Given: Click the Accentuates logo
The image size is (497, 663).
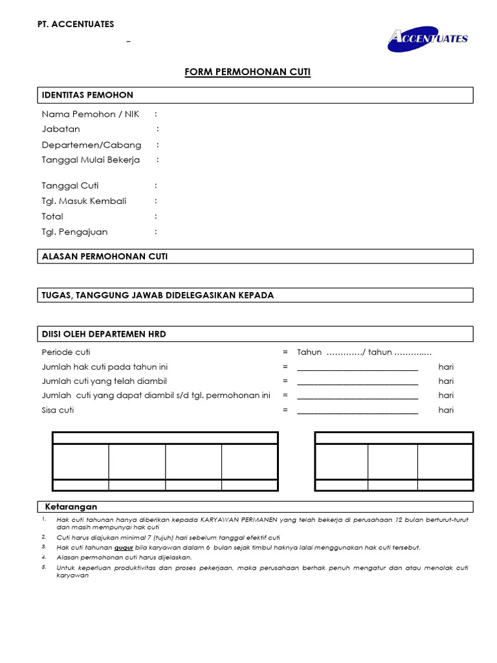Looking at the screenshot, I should click(428, 38).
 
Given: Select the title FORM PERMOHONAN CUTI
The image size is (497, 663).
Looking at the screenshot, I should click(248, 72).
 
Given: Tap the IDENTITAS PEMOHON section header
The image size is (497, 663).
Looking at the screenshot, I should click(87, 95).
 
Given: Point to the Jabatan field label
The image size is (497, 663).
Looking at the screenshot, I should click(61, 129).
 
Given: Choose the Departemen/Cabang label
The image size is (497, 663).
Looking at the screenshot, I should click(91, 144).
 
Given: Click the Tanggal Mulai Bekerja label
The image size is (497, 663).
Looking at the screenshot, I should click(91, 159).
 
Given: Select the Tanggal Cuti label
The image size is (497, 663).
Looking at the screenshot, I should click(70, 186).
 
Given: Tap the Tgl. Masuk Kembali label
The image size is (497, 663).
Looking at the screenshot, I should click(84, 201).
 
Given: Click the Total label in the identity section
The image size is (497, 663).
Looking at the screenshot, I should click(52, 216).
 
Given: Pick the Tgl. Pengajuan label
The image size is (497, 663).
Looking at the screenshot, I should click(74, 232).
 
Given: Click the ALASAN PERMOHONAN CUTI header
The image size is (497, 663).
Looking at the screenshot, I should click(104, 256).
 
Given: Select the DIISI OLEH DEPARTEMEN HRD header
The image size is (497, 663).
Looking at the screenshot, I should click(104, 334).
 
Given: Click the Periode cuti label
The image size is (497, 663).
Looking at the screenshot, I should click(66, 352).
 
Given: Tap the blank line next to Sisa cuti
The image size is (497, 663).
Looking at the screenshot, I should click(357, 410).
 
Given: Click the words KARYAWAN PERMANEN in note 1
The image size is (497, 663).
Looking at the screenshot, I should click(239, 520).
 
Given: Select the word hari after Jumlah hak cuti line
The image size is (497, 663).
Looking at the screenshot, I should click(446, 366).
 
